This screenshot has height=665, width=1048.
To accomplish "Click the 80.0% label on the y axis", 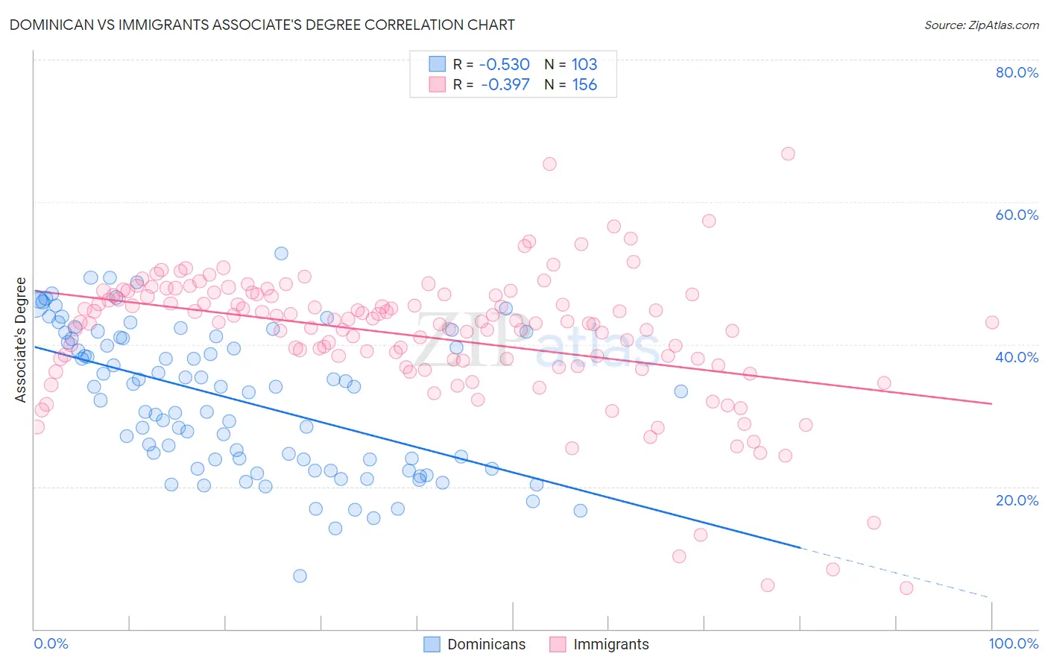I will tap(1017, 72).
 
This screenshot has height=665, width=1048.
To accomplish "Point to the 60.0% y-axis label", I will tap(1017, 215).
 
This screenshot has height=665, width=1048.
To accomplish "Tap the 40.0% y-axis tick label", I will tap(1017, 357).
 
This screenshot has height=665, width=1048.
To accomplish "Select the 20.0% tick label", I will tap(1017, 499).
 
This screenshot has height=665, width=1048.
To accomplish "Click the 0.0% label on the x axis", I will tap(51, 643).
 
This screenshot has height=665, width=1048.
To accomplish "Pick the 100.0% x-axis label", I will tap(1013, 643).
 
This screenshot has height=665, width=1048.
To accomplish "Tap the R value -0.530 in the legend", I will tap(505, 64).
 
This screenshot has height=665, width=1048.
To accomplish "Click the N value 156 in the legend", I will tap(584, 84).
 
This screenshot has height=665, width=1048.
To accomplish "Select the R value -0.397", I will tap(505, 84).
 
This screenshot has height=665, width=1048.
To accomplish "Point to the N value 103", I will tap(584, 64).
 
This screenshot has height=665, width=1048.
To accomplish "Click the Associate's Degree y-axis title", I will tap(21, 339).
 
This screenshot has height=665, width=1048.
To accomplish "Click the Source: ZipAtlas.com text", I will tap(981, 25).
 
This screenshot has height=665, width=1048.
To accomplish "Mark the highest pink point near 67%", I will tap(788, 154).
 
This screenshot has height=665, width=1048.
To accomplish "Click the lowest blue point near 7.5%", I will tap(300, 576).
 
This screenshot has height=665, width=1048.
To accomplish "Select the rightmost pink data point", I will tap(992, 322).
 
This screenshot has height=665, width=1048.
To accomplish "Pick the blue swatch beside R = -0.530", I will tap(437, 64).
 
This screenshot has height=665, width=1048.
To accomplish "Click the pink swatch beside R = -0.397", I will tap(437, 84).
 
